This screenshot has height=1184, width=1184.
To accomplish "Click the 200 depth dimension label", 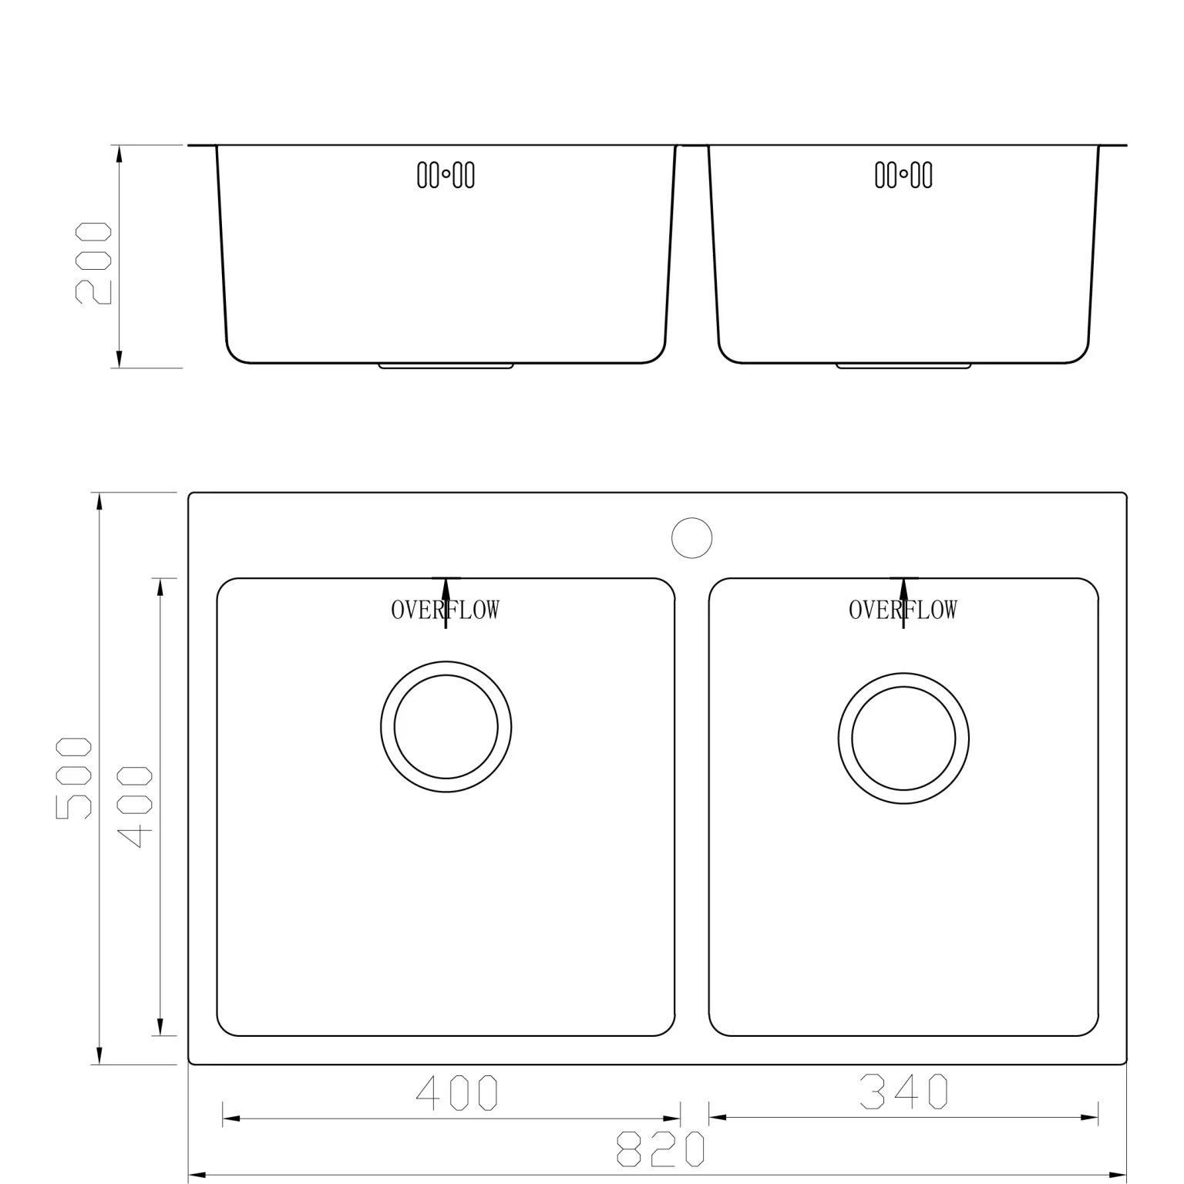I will click(92, 264).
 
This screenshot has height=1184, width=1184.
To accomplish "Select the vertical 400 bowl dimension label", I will click(137, 806).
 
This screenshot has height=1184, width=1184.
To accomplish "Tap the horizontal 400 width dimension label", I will click(457, 1093).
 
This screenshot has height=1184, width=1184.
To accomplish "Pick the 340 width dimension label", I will click(903, 1091).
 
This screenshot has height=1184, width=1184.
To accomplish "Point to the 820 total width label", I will click(661, 1150).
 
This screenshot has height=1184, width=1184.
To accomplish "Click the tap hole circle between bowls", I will click(691, 537).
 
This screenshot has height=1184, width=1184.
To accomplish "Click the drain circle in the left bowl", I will click(446, 726).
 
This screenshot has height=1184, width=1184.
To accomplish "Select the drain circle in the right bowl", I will click(903, 738).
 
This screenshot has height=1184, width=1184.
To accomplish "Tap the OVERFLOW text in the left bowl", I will click(445, 610).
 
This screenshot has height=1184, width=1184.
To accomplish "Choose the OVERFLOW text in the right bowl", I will click(903, 610).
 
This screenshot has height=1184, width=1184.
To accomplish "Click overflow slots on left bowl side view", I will click(446, 175).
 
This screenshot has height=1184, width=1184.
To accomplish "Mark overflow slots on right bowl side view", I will click(903, 175).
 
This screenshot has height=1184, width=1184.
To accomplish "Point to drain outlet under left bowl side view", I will click(446, 366).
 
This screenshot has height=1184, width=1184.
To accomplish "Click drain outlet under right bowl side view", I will click(903, 366).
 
